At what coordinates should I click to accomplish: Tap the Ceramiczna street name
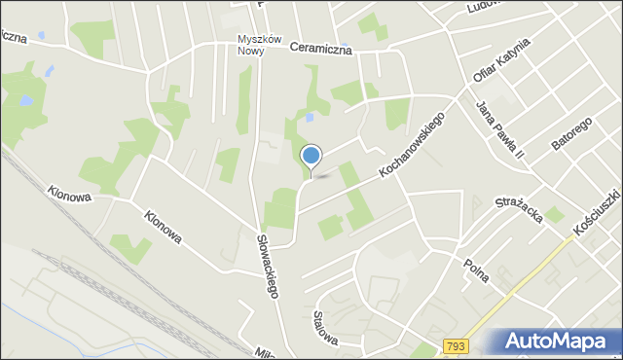tap(319, 47)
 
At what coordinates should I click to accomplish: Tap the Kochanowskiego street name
tap(412, 145)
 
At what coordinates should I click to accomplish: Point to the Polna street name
tap(476, 267)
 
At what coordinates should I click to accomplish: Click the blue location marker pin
tap(311, 156)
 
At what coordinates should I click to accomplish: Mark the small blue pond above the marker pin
tap(309, 118)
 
